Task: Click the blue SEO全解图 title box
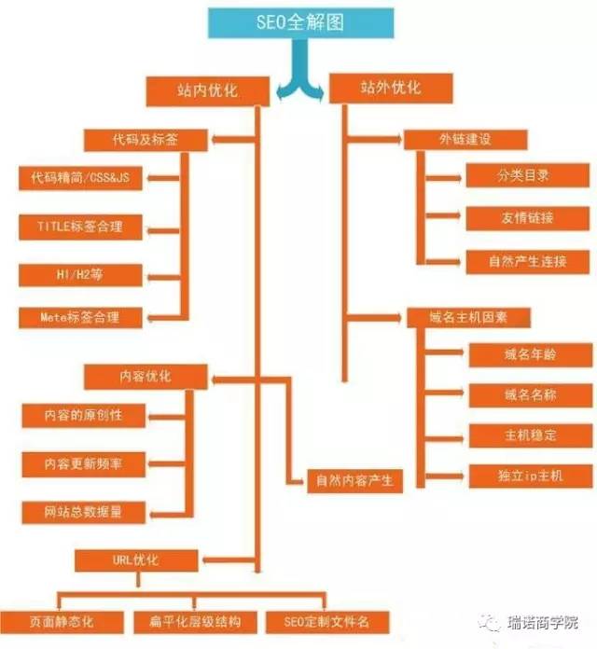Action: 300,22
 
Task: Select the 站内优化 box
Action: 208,91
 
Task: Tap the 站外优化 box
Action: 391,89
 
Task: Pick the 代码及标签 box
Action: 146,140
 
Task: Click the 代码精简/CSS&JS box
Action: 80,178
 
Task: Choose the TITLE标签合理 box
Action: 80,227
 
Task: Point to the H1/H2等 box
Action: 80,275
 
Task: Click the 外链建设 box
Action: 465,140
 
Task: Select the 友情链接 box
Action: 527,218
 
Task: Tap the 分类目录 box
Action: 527,175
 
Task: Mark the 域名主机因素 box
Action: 468,317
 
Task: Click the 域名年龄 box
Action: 531,354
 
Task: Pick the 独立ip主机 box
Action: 531,476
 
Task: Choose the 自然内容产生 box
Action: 354,481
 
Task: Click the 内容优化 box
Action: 146,377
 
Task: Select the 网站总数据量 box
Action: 83,513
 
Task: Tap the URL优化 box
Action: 136,560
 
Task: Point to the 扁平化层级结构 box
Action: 195,622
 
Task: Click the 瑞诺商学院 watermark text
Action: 542,623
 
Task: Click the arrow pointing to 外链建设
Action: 375,140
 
